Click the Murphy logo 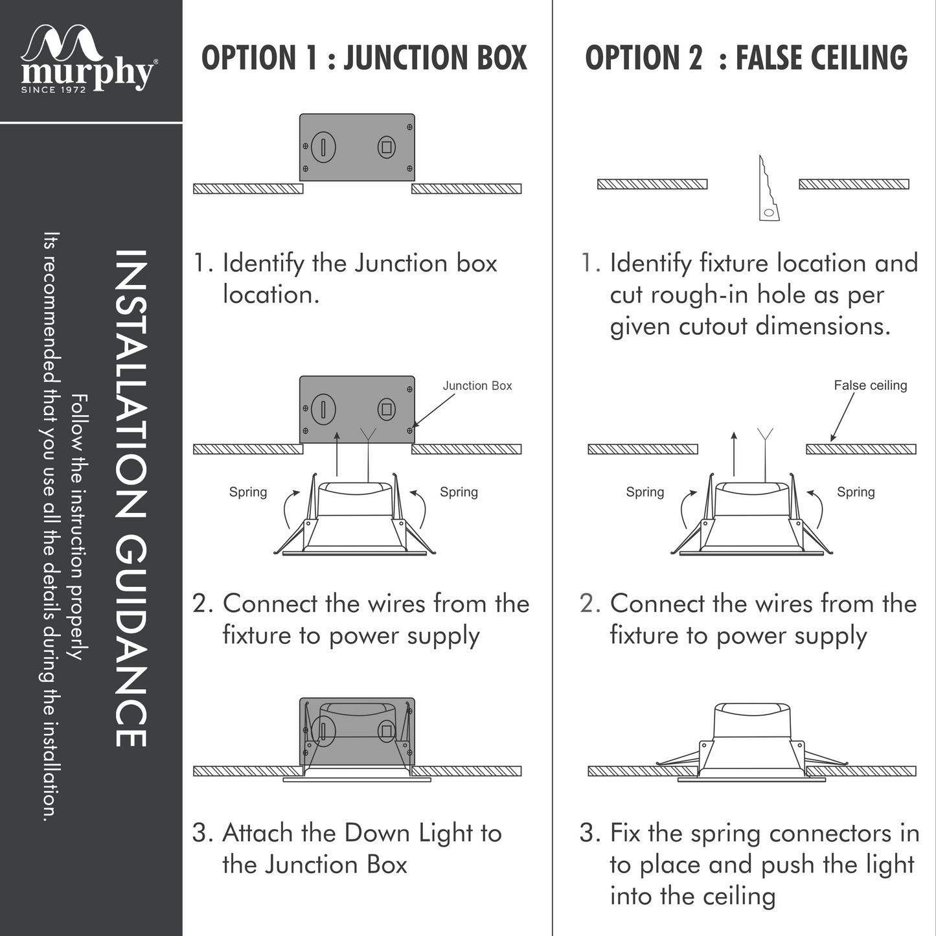click(87, 58)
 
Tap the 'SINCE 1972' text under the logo click(53, 89)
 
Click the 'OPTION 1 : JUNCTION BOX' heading click(364, 58)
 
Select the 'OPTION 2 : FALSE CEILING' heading click(746, 58)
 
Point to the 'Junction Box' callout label click(477, 385)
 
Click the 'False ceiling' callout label click(870, 385)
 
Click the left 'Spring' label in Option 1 click(248, 492)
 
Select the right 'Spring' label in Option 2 click(856, 492)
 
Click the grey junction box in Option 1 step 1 click(357, 148)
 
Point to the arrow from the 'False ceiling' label click(842, 418)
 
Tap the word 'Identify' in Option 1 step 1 click(263, 264)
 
